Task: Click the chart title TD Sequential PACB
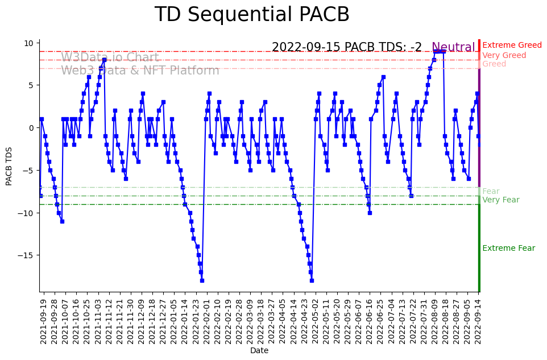(x=252, y=15)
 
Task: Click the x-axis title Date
(x=259, y=351)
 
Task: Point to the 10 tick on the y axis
(x=30, y=43)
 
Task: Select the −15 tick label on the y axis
(x=26, y=255)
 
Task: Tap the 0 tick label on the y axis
(x=32, y=128)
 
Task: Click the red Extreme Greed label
(x=512, y=45)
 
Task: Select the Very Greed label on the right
(x=504, y=56)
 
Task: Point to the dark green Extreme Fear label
(x=508, y=249)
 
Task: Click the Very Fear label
(x=500, y=200)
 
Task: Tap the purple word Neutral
(x=453, y=48)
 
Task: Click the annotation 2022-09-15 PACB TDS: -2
(x=346, y=48)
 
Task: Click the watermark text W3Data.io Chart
(x=110, y=57)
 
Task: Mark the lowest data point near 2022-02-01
(x=202, y=280)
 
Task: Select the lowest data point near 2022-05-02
(x=312, y=280)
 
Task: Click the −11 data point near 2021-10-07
(x=62, y=221)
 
